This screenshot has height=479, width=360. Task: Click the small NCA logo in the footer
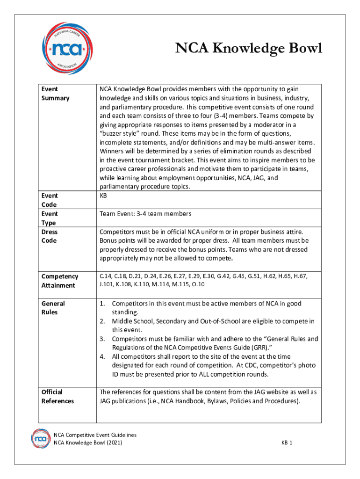coord(41,438)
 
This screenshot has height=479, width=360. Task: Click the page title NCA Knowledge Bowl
coord(248,49)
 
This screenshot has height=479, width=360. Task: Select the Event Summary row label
coord(55,94)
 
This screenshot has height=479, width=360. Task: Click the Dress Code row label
coord(49,236)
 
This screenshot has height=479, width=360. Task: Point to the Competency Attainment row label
coord(59,281)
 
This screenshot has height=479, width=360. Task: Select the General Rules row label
coord(53,308)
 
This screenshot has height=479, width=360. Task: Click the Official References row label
coord(58,396)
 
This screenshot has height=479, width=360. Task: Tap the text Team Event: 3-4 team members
coord(145,214)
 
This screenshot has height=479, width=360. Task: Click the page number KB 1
coord(287,443)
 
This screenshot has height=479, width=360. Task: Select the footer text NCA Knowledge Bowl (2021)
coord(88,443)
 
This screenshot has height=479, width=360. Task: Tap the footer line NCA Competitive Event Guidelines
coord(95,435)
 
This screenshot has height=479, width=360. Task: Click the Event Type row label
coord(49,218)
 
